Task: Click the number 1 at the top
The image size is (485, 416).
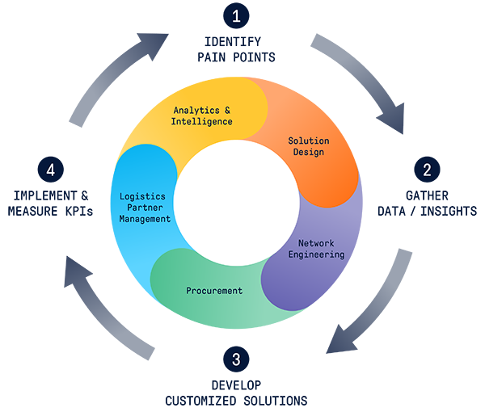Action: (236, 16)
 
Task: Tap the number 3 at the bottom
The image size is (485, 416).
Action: (236, 359)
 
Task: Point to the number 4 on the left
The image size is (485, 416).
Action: (50, 170)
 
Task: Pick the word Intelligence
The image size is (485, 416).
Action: (202, 121)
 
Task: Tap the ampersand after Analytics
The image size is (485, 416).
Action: (227, 109)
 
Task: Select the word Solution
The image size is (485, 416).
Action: (309, 141)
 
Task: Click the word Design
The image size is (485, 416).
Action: (309, 153)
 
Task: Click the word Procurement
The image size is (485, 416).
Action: (213, 291)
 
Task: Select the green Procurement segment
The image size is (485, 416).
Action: (242, 315)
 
